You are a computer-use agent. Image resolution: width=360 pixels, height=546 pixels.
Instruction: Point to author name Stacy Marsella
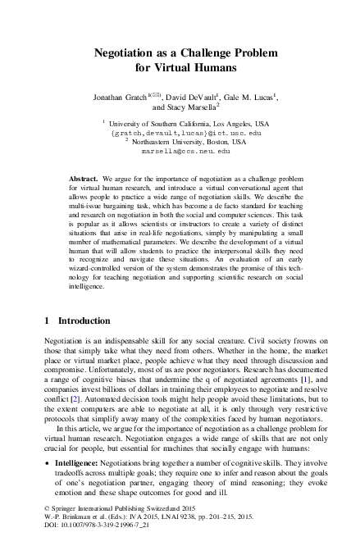pos(196,107)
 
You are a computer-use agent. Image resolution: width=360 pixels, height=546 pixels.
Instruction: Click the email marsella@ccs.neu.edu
pos(185,152)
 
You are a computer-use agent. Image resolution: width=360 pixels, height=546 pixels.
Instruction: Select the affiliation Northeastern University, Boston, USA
pos(189,141)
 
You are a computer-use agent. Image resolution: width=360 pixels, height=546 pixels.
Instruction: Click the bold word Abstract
pos(84,178)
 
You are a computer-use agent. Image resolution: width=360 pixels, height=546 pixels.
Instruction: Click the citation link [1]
pos(305,380)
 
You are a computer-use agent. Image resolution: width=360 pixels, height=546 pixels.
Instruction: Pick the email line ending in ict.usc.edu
pos(185,131)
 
